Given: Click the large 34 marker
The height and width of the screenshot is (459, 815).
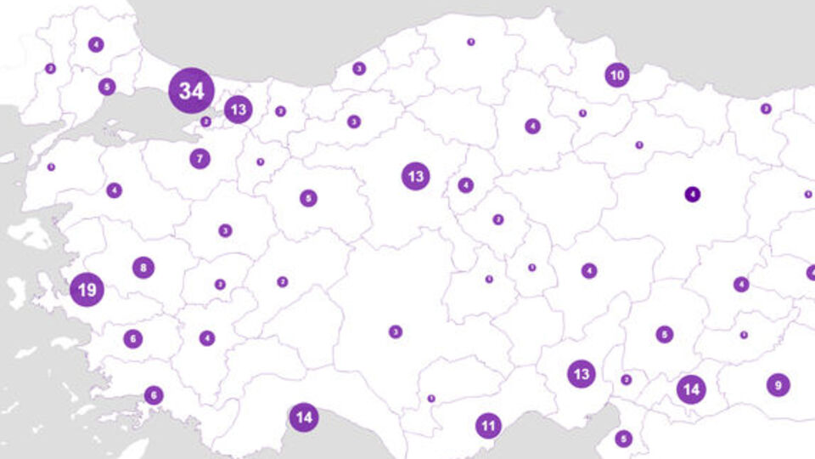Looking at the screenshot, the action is pos(192,91).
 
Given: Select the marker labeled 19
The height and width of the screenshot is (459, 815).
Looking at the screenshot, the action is pos(87,290).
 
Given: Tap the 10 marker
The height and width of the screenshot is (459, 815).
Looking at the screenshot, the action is pos(617,76).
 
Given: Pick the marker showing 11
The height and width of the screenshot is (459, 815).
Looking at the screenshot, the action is pos(488,425).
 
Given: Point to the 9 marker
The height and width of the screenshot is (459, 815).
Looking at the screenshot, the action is pos(778,385).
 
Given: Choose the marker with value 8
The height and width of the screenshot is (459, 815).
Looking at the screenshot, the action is pos(143,268).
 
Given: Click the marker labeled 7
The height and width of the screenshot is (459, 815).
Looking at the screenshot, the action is pos(200,158).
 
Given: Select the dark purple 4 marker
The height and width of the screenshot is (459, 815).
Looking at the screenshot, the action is pos(693,194).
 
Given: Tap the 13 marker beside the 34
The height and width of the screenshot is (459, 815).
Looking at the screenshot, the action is pos(239,109).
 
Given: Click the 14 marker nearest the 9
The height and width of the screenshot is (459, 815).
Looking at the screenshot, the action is pos(691,389).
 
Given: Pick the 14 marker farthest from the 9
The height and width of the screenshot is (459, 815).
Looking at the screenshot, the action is pos(304,417).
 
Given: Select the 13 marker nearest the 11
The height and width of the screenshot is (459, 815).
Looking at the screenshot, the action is pos(582,373).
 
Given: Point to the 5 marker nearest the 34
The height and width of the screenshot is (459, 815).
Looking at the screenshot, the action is pos(106,87).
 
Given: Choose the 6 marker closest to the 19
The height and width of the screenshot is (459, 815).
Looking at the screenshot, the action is pos(132,338).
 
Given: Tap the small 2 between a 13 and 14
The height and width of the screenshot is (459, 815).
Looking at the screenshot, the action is pos(627,380).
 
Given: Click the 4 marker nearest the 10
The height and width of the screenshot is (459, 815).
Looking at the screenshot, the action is pos(532,127).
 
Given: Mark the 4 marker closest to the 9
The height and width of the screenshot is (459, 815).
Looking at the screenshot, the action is pos(741,285).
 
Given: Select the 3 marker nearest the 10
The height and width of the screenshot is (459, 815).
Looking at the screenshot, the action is pos(766,109).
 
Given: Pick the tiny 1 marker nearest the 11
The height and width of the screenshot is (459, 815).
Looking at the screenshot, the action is pos(431,398).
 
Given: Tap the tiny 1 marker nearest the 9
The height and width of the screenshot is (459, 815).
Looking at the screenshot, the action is pos(744,335).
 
